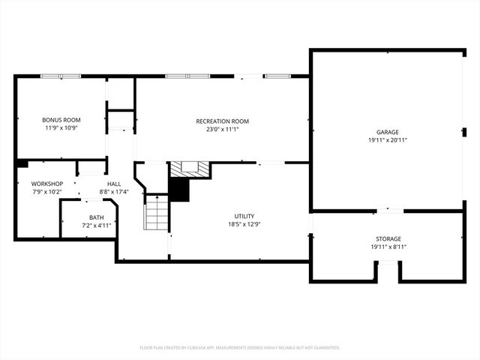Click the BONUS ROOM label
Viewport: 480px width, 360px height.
(61, 120)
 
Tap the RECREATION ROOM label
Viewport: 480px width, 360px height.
(222, 121)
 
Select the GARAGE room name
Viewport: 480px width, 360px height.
(388, 132)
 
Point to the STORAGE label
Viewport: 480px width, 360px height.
(388, 238)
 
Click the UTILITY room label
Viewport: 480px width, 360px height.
(244, 216)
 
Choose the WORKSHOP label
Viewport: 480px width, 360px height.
(46, 184)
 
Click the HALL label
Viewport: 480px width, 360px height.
(114, 184)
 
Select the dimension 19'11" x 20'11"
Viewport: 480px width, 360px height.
(388, 140)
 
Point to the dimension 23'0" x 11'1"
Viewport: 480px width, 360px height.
(222, 129)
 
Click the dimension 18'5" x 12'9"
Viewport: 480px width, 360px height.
(244, 223)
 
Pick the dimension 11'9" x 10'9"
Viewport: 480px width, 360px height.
(61, 127)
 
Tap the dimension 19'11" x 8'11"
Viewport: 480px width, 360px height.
(388, 247)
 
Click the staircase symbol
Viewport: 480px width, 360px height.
(156, 212)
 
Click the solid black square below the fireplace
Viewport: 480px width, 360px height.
(178, 190)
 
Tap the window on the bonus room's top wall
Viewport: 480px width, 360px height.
(60, 76)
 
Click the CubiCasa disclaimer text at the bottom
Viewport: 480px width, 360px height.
(240, 347)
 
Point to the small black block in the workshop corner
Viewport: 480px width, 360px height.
(22, 163)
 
